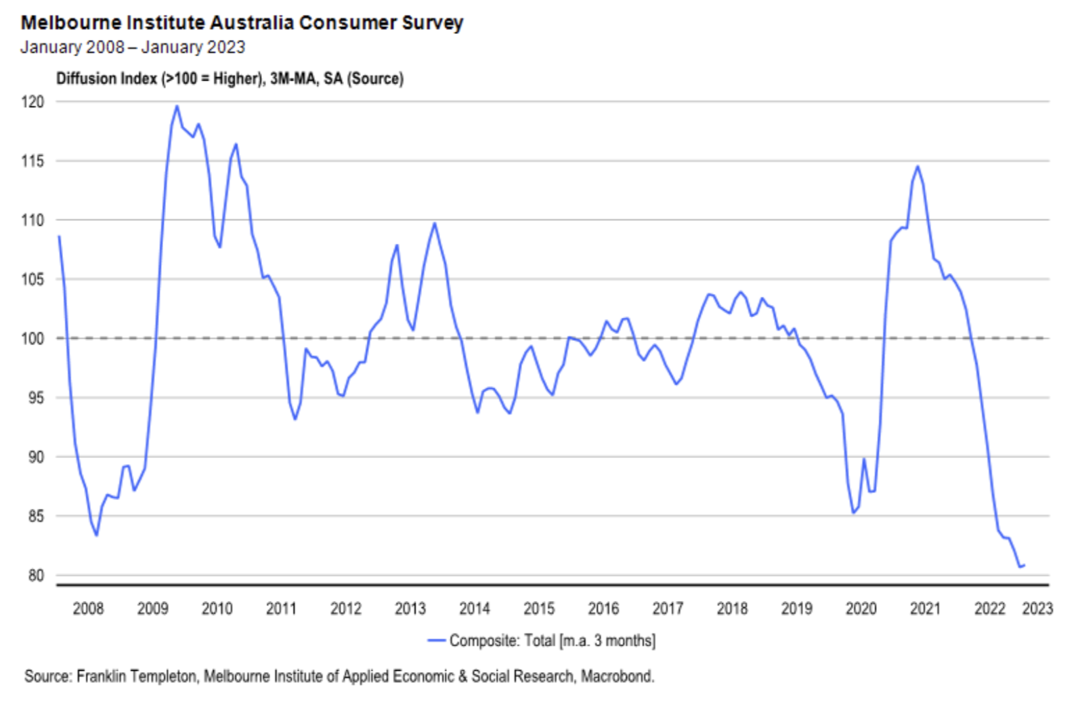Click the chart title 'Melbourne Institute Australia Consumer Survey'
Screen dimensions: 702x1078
click(242, 22)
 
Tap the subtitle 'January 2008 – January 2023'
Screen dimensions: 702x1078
click(133, 47)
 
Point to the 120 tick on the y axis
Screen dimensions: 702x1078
click(33, 102)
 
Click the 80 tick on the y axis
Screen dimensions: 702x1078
click(35, 575)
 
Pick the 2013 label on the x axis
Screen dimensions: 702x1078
click(410, 608)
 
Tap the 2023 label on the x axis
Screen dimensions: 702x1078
click(1037, 608)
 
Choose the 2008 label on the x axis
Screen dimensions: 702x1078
click(88, 608)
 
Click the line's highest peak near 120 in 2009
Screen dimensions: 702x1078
click(177, 106)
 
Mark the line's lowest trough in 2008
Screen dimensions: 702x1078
click(97, 535)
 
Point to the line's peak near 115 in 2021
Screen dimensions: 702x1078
click(918, 167)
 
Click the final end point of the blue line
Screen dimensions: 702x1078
click(1024, 565)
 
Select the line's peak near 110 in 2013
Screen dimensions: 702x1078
click(434, 223)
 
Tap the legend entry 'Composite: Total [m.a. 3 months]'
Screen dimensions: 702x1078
click(552, 640)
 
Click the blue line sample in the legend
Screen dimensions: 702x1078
click(437, 640)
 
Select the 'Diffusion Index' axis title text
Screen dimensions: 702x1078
click(106, 79)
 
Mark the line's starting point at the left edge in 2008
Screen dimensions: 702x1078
click(59, 236)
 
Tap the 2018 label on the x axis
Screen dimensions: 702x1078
click(732, 608)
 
